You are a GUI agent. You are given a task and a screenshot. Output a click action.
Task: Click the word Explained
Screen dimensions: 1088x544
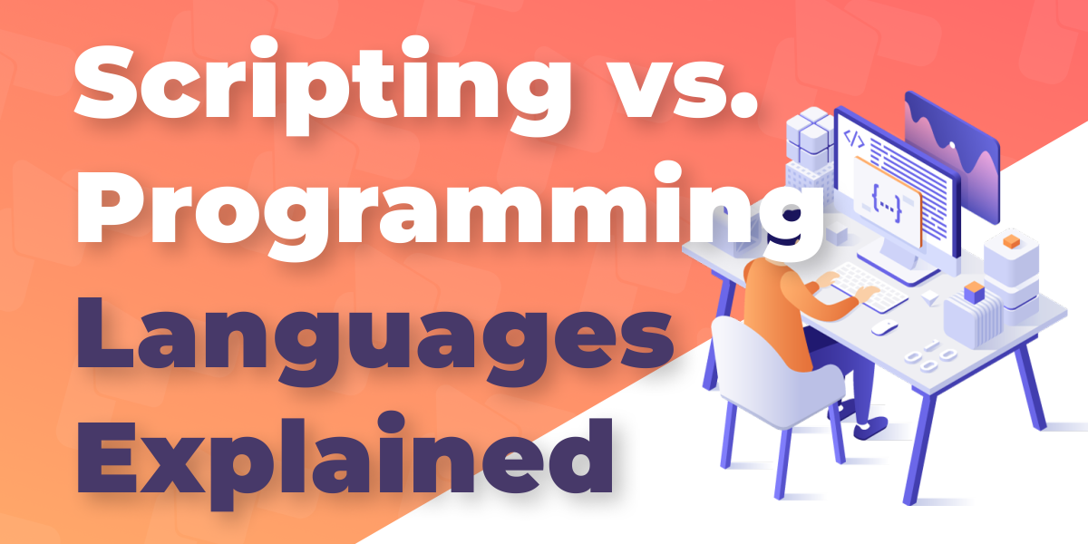click(x=345, y=459)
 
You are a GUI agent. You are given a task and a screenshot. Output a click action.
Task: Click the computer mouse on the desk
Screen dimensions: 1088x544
click(x=884, y=328)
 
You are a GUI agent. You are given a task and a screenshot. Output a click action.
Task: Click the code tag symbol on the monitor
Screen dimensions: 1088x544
click(x=853, y=140)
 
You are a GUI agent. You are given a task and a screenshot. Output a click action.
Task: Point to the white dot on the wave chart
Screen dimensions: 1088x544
click(x=953, y=145)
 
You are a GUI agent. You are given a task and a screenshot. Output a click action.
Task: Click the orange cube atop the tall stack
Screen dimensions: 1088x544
click(x=1011, y=241)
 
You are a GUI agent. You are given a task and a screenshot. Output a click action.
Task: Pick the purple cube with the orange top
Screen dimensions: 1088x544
click(x=974, y=292)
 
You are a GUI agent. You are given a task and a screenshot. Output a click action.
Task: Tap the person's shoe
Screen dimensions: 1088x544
click(x=872, y=428)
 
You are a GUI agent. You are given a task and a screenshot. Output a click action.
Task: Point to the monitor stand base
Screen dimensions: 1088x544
click(x=899, y=269)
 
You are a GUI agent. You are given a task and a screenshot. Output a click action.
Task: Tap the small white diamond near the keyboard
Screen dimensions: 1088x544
click(x=930, y=297)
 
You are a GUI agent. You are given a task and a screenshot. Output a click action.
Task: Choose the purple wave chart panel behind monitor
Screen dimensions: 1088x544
click(x=952, y=155)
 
